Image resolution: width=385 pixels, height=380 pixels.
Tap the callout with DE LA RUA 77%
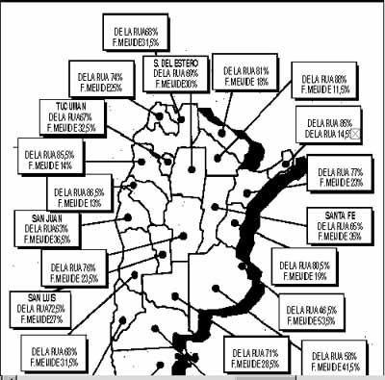(342, 176)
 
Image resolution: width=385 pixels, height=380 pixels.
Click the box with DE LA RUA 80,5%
(301, 267)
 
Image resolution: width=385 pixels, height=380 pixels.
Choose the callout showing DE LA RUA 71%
(253, 353)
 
